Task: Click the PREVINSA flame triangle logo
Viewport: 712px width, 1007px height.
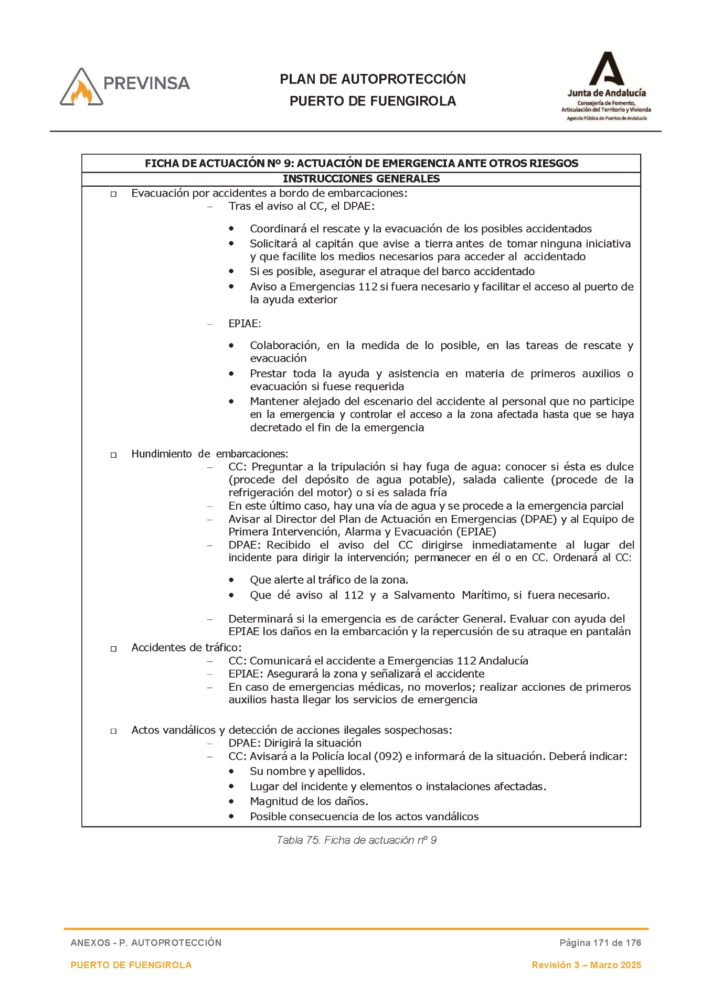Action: (82, 88)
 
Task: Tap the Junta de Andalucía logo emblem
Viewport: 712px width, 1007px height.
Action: (607, 69)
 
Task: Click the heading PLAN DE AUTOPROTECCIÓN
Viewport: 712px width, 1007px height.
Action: (373, 79)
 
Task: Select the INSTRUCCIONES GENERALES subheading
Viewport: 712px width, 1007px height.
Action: (361, 179)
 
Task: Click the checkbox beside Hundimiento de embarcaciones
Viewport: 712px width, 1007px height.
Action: (113, 455)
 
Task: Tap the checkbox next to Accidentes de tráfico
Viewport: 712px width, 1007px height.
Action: (113, 649)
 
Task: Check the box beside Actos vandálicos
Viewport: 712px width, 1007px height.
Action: (113, 731)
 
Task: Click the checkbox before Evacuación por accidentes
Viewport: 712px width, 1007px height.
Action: (113, 195)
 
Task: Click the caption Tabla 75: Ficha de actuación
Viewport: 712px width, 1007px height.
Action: (356, 840)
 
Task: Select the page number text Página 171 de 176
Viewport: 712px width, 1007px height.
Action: (600, 942)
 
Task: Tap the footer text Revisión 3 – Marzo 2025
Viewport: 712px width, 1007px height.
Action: (586, 965)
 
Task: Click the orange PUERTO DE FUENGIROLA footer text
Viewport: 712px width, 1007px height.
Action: (131, 965)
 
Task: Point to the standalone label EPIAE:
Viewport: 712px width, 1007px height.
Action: (245, 324)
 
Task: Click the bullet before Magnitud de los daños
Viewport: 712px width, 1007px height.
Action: (231, 801)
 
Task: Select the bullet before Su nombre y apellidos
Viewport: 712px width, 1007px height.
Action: (231, 771)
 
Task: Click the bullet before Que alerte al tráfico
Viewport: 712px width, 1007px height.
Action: (231, 580)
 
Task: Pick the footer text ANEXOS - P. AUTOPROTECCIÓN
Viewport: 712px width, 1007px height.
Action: (146, 942)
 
